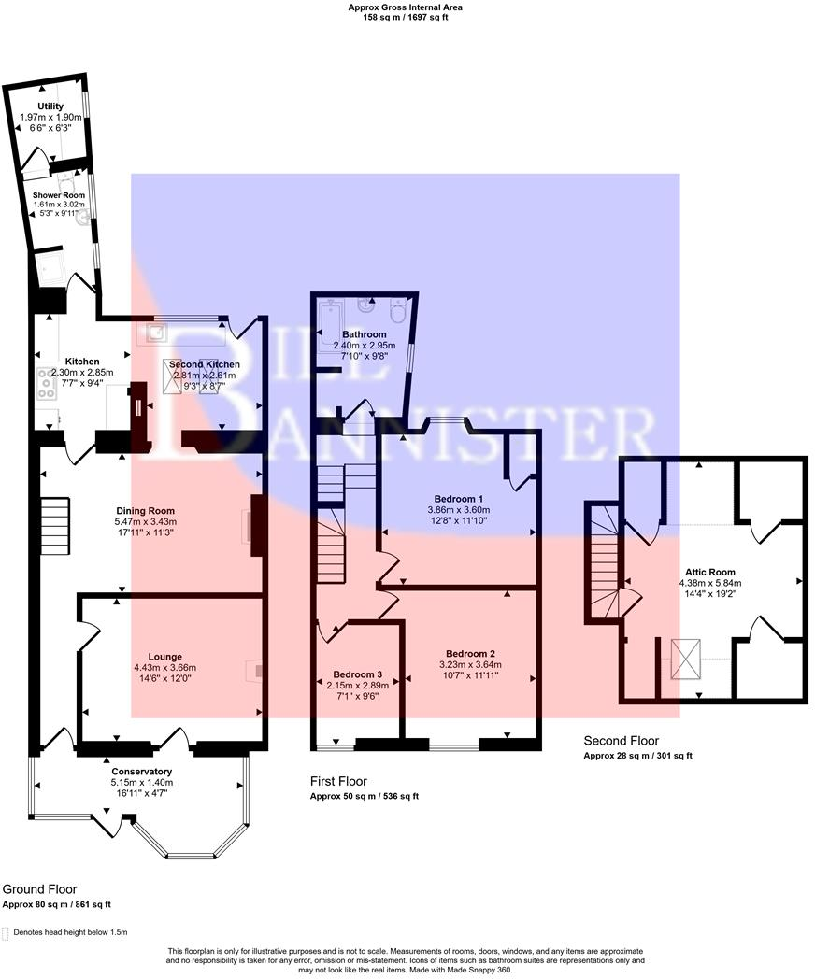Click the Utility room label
click(50, 106)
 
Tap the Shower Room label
click(59, 195)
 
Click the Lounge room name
click(164, 657)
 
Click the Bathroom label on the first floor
click(364, 334)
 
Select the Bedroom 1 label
click(458, 498)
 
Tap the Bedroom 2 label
click(470, 653)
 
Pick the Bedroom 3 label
click(358, 674)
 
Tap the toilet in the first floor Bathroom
click(396, 312)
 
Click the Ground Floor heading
click(39, 889)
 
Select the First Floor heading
click(338, 781)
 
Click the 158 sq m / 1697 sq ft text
click(406, 17)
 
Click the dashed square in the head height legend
click(7, 932)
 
